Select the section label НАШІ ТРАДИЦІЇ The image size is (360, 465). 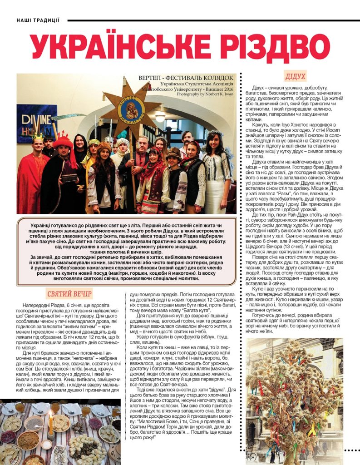38,20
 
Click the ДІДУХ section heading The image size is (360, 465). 295,76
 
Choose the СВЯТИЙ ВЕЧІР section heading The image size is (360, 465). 69,294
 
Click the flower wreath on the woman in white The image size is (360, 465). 214,134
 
